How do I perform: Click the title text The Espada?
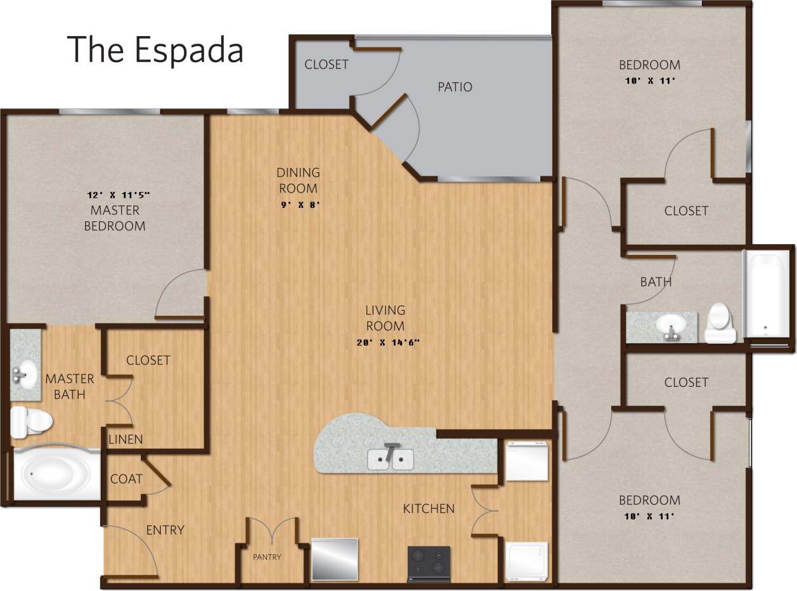pos(155,49)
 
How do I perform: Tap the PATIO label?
pos(455,87)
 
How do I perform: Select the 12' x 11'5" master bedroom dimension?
pos(118,195)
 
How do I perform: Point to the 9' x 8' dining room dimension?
pos(298,205)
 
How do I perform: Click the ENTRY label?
pos(165,530)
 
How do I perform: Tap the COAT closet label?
pos(126,479)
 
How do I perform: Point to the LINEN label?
pos(125,439)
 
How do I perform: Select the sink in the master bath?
pos(24,373)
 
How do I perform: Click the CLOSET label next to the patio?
pos(326,65)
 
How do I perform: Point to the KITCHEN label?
pos(429,509)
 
